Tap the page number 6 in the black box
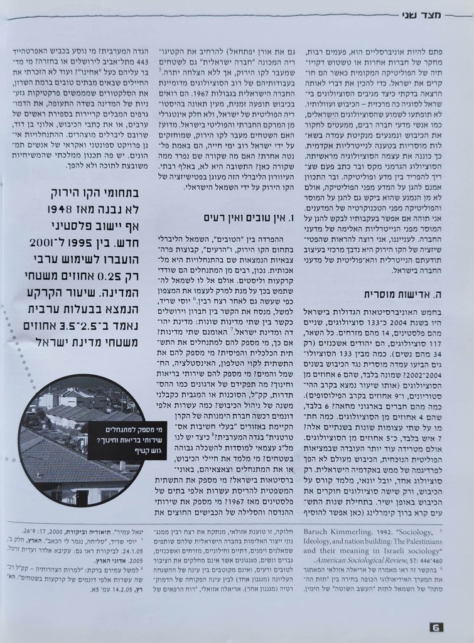tap(437, 627)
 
